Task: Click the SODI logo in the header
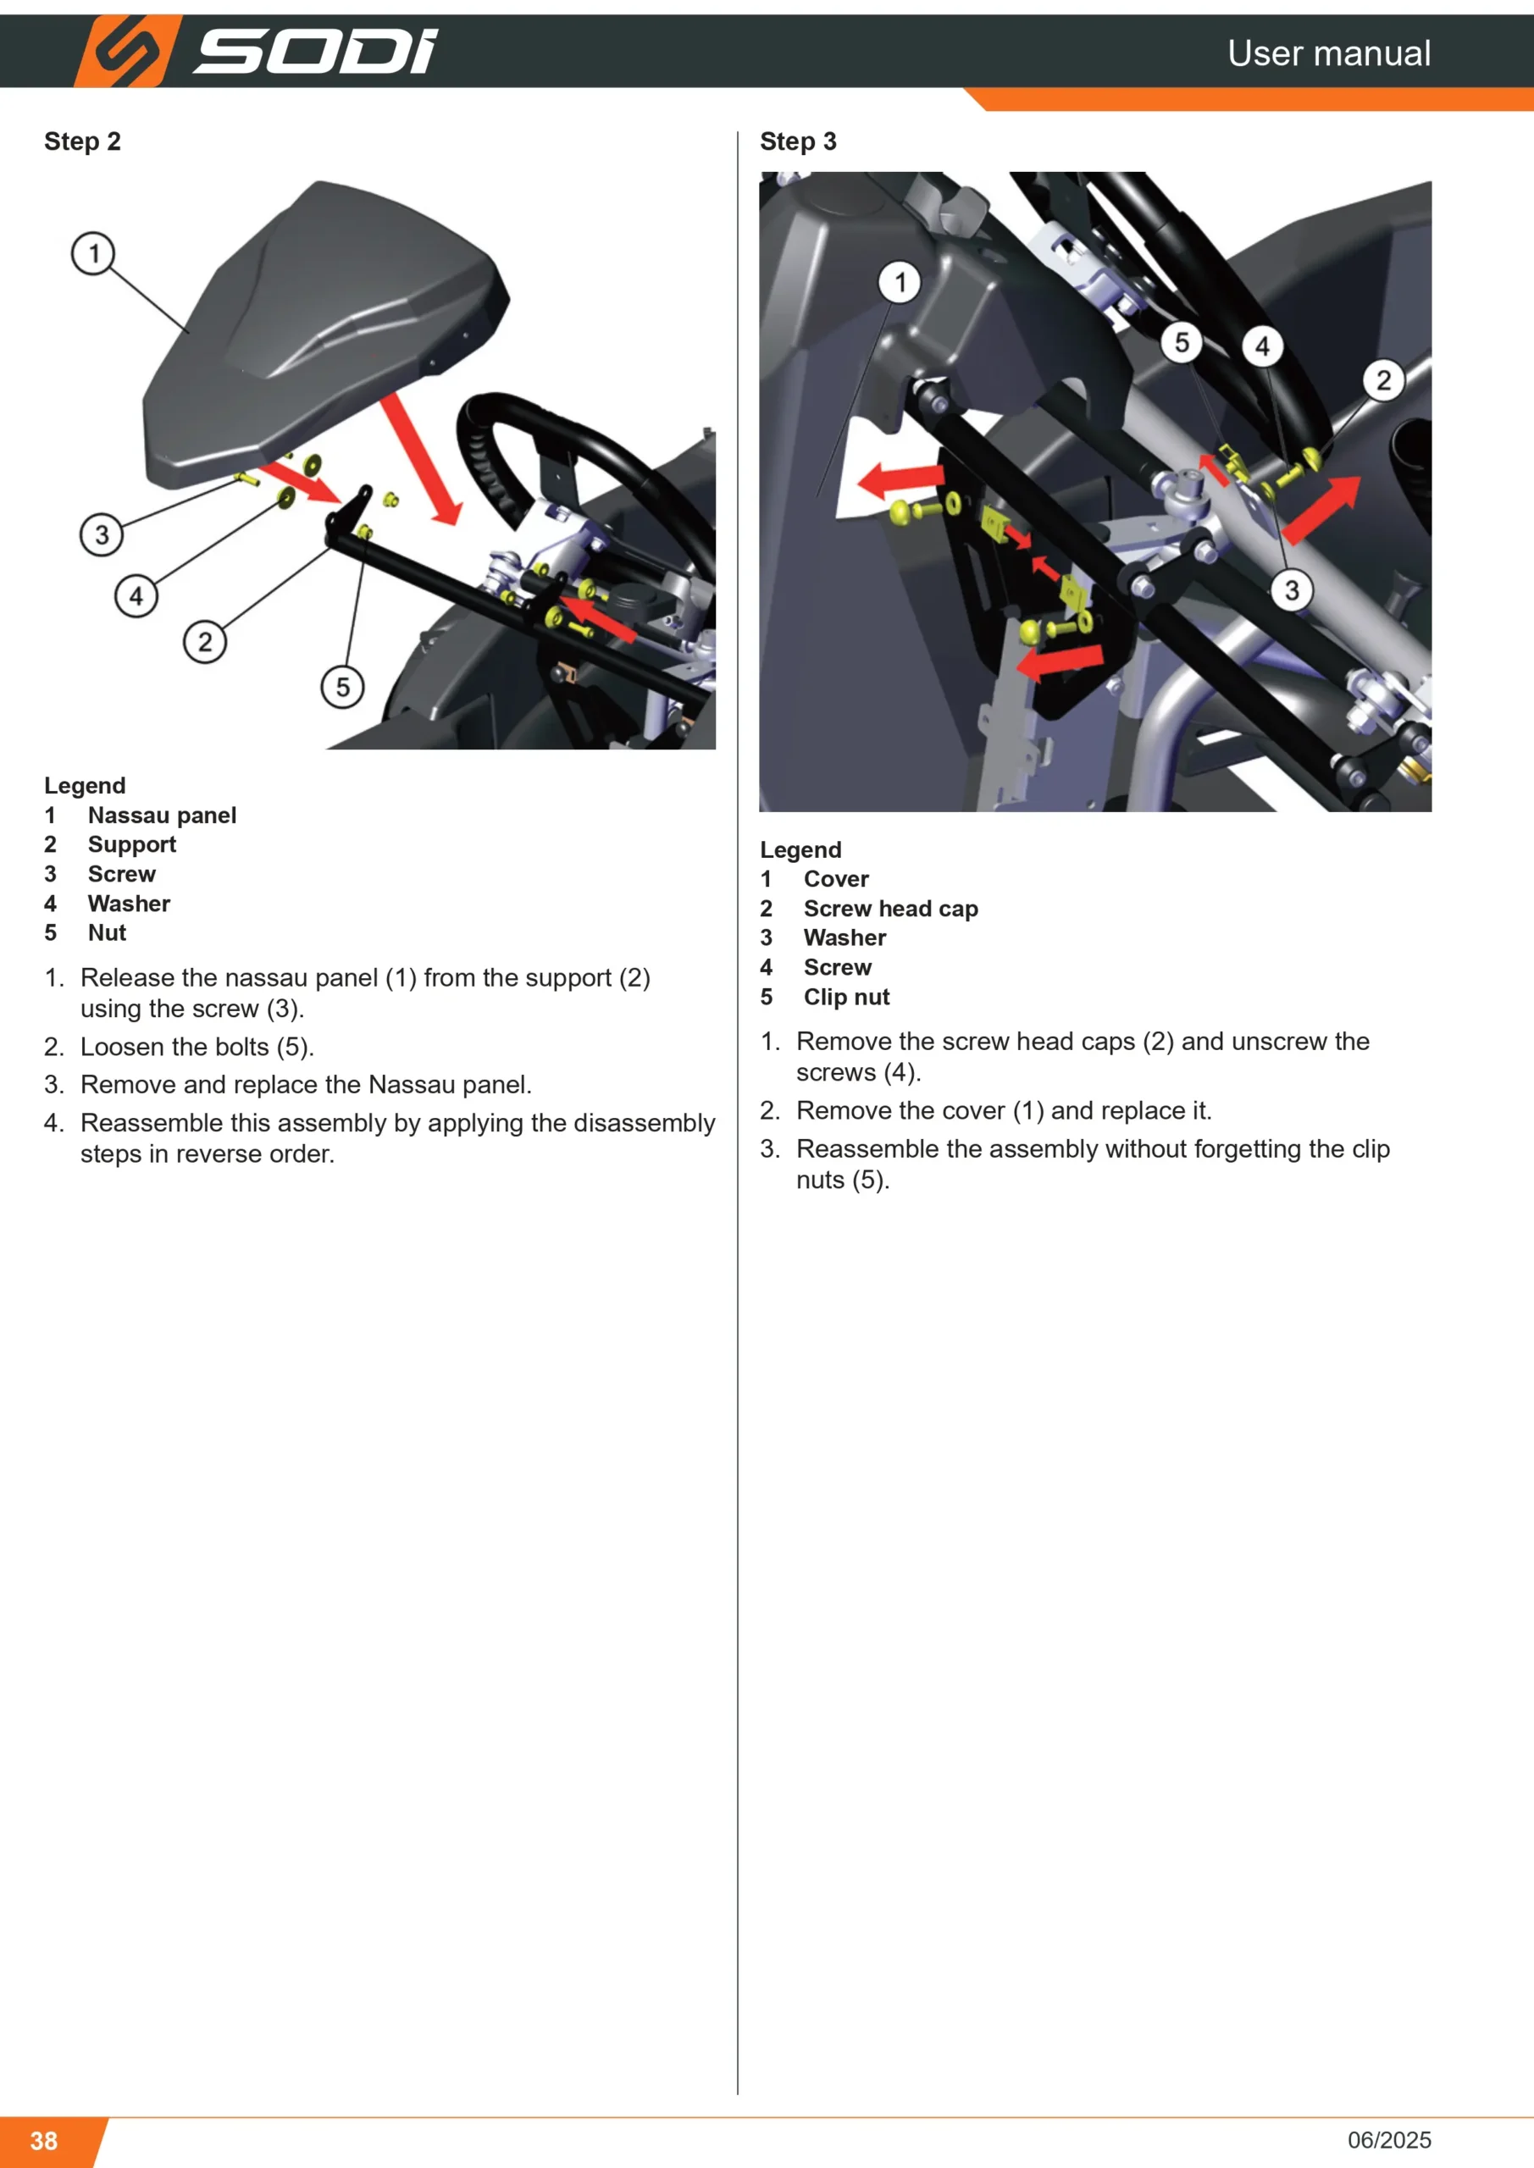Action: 256,51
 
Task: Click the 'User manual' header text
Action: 1328,53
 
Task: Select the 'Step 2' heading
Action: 82,141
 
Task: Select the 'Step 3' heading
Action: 798,141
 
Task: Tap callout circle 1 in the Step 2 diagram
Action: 93,253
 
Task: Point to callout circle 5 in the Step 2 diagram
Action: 343,687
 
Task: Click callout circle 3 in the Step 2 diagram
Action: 102,534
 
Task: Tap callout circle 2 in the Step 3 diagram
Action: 1384,380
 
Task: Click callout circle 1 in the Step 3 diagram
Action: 900,282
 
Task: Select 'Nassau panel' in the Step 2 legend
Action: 163,815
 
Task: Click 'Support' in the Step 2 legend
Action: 132,844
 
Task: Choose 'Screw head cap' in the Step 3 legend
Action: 891,909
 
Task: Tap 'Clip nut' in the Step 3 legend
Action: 846,997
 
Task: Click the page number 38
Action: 43,2141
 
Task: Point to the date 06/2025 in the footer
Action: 1389,2140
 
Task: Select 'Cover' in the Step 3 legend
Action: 836,879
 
